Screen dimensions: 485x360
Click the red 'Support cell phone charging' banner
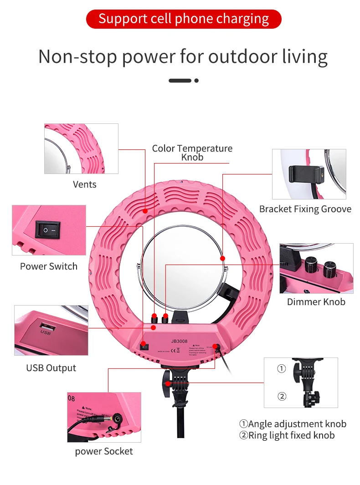click(184, 19)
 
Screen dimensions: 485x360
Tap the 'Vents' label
click(85, 184)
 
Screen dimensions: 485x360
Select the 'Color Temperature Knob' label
click(192, 153)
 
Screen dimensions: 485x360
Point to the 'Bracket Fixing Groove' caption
click(305, 209)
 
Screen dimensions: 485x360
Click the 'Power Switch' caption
click(49, 266)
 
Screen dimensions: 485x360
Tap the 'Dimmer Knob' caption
click(316, 301)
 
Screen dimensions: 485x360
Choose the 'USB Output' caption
click(51, 368)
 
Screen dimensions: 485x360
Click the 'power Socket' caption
click(104, 451)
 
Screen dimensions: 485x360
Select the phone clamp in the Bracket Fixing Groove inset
click(306, 171)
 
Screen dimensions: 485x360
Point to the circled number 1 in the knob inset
click(282, 369)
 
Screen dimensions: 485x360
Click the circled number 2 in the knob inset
click(282, 397)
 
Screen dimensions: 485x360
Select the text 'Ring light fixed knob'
click(291, 435)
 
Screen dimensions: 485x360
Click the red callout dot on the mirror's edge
click(223, 258)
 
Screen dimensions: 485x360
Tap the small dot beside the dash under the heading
click(196, 81)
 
